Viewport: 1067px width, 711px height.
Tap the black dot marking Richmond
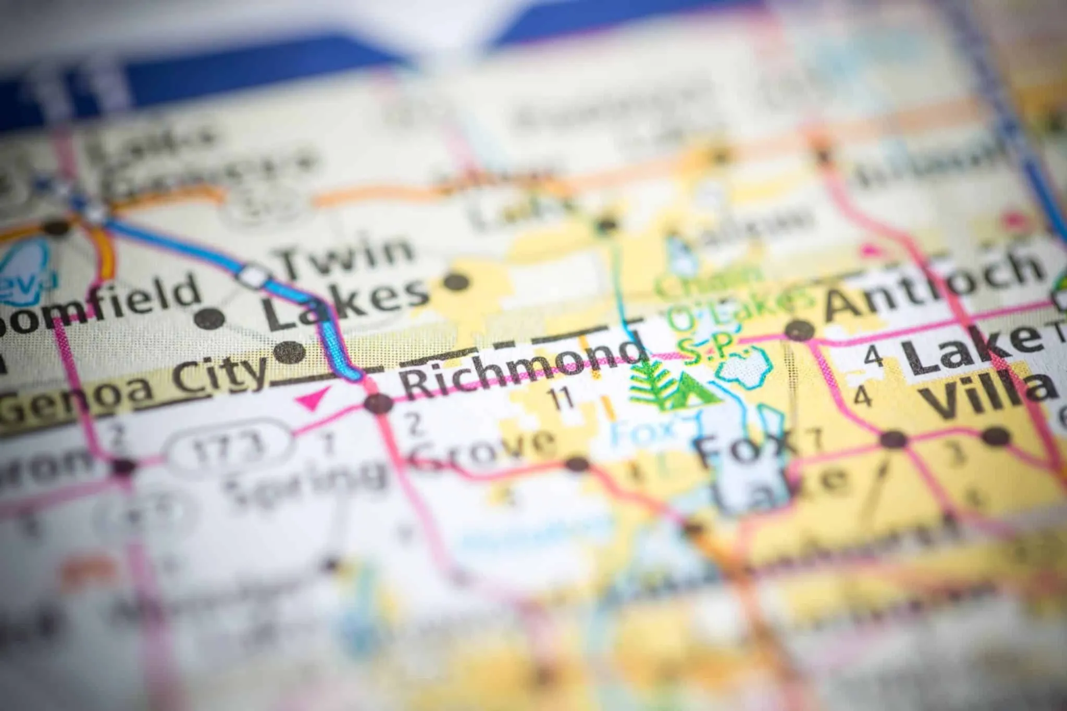click(378, 403)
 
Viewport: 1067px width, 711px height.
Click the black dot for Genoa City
click(289, 352)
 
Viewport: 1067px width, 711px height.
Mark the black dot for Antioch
click(799, 330)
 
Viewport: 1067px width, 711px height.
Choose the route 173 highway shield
click(229, 447)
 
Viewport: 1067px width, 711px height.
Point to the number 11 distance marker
click(562, 399)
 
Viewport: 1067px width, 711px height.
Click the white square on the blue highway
click(254, 276)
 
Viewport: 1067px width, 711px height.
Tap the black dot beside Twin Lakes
click(456, 282)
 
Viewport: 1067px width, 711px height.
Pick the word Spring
click(305, 481)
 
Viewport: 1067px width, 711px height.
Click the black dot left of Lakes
click(209, 318)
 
